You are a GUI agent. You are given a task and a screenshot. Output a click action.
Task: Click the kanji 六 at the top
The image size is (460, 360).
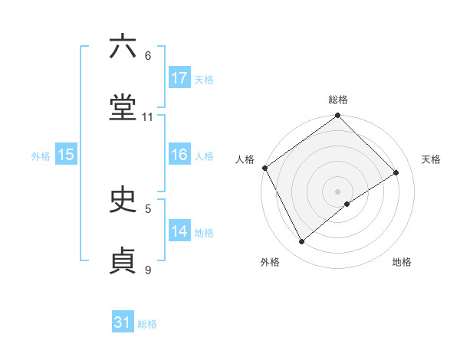(x=123, y=47)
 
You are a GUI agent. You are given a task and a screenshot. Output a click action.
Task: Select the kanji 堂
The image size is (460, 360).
(x=123, y=109)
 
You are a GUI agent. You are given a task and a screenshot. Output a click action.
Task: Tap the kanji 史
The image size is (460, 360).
(x=123, y=200)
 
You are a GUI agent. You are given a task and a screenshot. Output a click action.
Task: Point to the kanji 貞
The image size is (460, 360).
(x=123, y=260)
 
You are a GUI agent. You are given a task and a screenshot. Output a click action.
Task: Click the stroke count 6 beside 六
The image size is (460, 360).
(x=147, y=56)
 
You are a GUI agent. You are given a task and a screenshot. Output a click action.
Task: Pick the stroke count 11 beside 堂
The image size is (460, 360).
(x=147, y=117)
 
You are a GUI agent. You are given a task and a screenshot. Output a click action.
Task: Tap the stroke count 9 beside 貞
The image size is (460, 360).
(x=147, y=269)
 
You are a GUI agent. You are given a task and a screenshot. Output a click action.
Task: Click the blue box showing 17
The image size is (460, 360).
(x=179, y=78)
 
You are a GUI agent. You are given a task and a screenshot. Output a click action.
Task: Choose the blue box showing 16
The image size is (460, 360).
(x=179, y=155)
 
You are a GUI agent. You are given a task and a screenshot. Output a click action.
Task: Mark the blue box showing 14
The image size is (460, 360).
(x=179, y=231)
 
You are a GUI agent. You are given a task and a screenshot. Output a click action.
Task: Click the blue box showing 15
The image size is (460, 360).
(x=66, y=155)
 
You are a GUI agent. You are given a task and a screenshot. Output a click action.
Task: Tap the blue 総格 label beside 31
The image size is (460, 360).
(x=147, y=324)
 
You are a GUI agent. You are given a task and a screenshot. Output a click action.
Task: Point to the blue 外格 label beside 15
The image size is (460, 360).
(x=41, y=155)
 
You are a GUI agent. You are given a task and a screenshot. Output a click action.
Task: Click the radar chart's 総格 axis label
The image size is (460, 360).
(x=338, y=100)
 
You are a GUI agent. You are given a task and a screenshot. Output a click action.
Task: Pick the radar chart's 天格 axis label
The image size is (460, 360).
(x=431, y=159)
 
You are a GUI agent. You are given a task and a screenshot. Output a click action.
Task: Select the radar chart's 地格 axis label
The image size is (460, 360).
(x=402, y=262)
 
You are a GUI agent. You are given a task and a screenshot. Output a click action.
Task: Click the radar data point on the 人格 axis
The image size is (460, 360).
(x=265, y=168)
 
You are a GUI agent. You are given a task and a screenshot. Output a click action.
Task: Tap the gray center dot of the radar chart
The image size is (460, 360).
(x=338, y=191)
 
